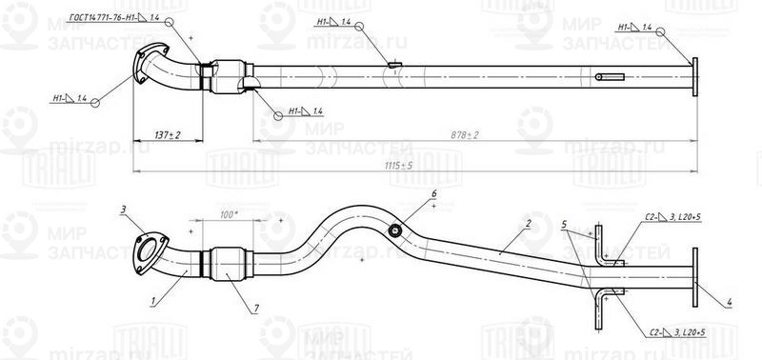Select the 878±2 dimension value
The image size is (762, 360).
(x=465, y=136)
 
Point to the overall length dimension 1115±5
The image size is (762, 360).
(x=401, y=166)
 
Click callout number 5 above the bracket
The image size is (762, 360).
(x=565, y=225)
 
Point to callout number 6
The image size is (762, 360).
(x=433, y=194)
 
